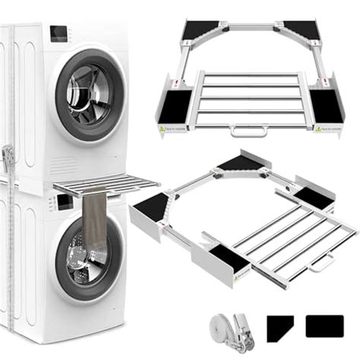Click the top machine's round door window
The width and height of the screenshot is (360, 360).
(89, 95)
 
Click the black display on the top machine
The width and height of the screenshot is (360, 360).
(59, 34)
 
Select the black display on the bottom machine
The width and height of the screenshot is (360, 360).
(64, 201)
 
